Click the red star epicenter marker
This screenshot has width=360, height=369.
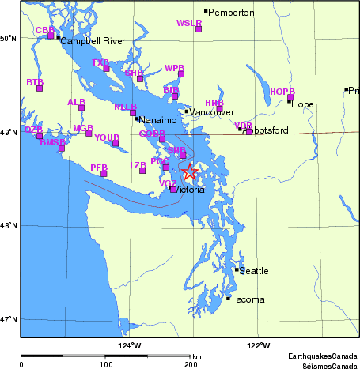(x=190, y=172)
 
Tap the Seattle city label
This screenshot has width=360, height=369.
(x=254, y=271)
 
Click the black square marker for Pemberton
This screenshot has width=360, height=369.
(x=206, y=12)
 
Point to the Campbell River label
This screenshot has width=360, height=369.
(x=93, y=41)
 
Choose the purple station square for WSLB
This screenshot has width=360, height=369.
(x=199, y=29)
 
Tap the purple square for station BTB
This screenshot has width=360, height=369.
(x=40, y=88)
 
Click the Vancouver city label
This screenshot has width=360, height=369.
(x=210, y=112)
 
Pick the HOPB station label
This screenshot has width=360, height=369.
(x=282, y=92)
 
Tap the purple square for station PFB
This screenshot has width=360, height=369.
(x=104, y=174)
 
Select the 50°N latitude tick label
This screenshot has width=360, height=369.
(x=9, y=39)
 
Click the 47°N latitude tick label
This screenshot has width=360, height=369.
(x=9, y=319)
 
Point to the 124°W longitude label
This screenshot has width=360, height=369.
(x=130, y=345)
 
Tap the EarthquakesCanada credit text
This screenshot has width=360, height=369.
(x=323, y=356)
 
